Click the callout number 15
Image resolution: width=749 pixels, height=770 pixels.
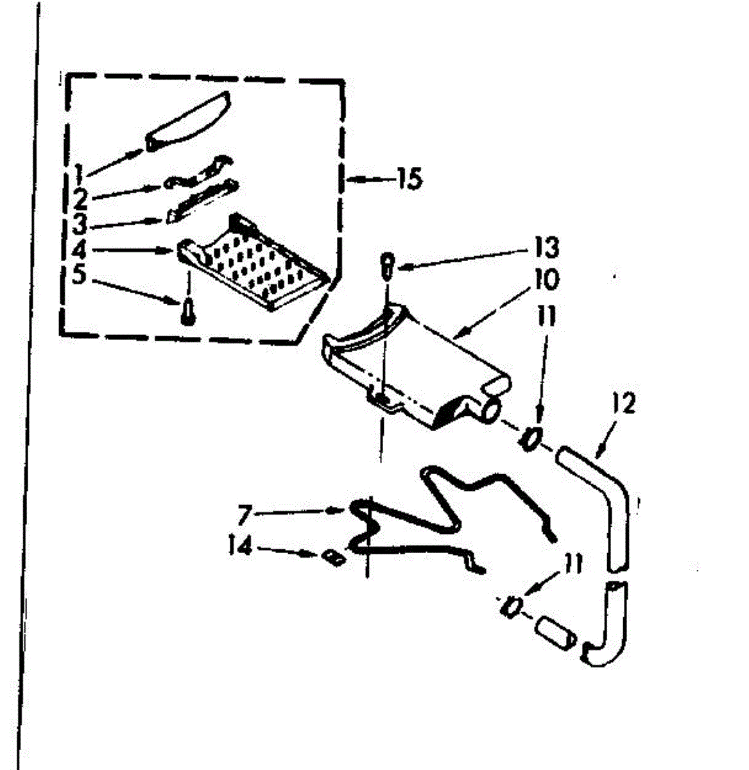click(x=409, y=179)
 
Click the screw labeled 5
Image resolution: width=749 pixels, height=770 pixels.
click(x=187, y=313)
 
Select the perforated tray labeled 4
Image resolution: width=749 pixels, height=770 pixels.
click(x=257, y=263)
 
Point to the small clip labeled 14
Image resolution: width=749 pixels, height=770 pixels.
click(x=333, y=557)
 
